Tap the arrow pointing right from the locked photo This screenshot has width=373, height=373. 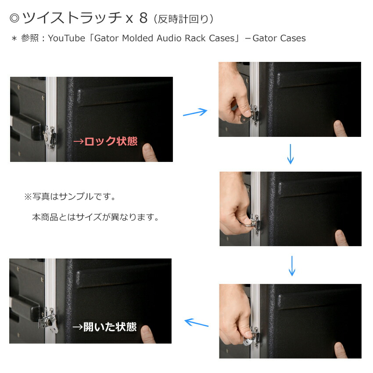(194, 112)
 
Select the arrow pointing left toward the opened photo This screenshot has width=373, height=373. (196, 323)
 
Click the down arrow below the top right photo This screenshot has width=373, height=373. (290, 154)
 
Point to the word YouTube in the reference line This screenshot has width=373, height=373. (66, 38)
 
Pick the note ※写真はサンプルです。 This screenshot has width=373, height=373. (70, 196)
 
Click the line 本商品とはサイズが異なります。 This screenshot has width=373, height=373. (95, 217)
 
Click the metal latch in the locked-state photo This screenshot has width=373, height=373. (50, 135)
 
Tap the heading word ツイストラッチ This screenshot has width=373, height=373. (71, 18)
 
